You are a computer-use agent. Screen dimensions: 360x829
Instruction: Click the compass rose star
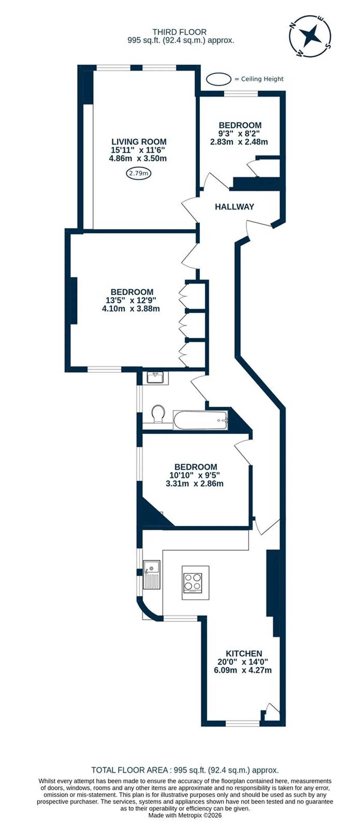pos(310,36)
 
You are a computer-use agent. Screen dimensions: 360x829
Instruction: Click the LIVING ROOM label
pos(139,142)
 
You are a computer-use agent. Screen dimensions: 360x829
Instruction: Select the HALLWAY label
pos(234,207)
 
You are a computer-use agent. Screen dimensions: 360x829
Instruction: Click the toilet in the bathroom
pos(158,414)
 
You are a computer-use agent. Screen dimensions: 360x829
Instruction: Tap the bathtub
pos(201,420)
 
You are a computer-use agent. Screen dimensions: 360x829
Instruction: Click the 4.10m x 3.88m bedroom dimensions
pos(131,309)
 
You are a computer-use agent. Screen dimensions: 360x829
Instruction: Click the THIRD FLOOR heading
pos(179,32)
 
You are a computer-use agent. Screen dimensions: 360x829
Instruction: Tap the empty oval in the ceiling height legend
pos(219,79)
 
